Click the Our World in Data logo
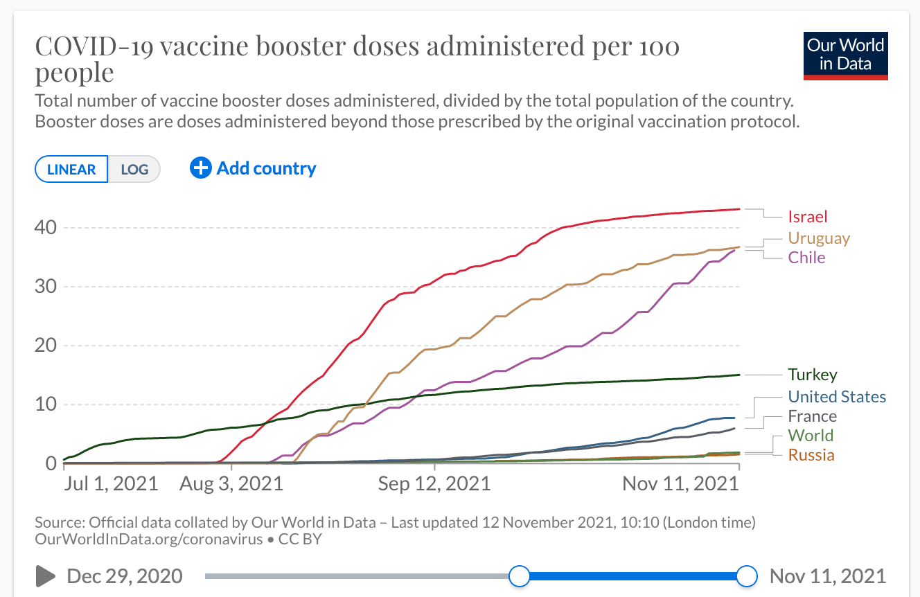tap(845, 55)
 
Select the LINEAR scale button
tap(71, 169)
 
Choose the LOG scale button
tap(134, 169)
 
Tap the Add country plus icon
tap(200, 168)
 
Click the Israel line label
tap(808, 217)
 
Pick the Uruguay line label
tap(819, 238)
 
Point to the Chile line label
tap(807, 258)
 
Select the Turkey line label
tap(813, 375)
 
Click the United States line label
tap(837, 397)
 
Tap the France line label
tap(812, 416)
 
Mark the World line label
tap(811, 436)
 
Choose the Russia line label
tap(811, 455)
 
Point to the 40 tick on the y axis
tap(46, 227)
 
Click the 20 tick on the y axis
tap(46, 346)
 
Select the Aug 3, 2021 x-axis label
tap(231, 483)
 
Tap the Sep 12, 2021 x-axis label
tap(434, 483)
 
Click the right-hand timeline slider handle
tap(747, 576)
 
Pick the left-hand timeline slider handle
tap(519, 576)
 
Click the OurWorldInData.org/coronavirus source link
tap(148, 539)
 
